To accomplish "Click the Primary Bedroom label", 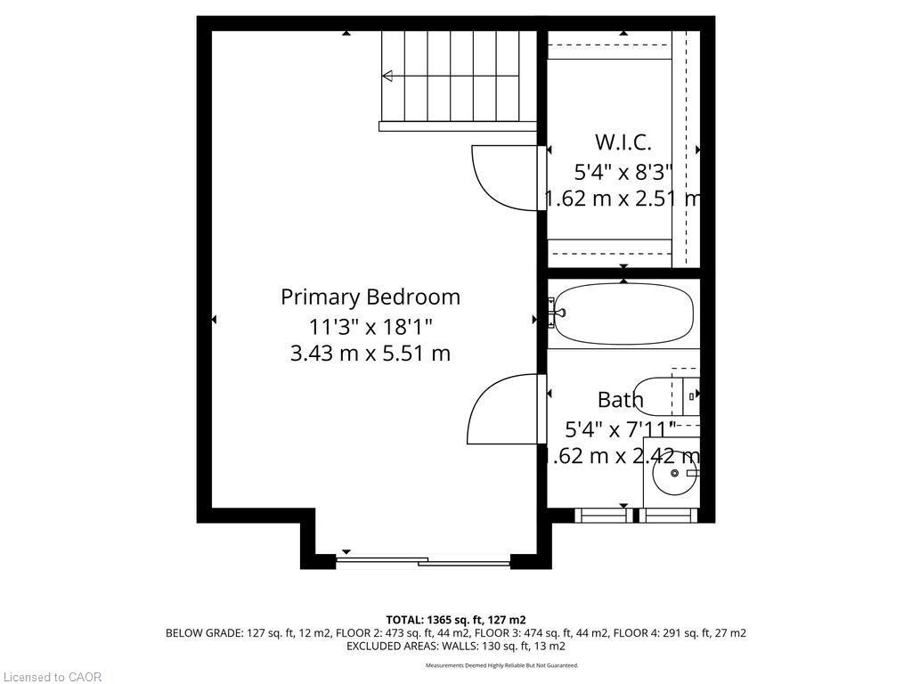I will click(370, 297).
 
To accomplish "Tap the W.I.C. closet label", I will click(623, 142).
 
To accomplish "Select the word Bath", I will click(620, 399).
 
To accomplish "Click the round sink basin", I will click(674, 475).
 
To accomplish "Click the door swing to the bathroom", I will click(501, 408).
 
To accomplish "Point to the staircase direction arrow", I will click(388, 77).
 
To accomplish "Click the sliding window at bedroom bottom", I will click(423, 560).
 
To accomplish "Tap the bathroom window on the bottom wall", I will click(634, 515).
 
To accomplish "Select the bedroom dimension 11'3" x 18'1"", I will click(370, 325).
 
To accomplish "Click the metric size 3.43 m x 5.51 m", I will click(370, 354).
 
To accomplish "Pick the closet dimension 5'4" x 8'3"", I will click(623, 171).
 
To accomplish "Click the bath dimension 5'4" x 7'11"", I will click(620, 428).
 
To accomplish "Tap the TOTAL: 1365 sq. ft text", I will click(455, 619).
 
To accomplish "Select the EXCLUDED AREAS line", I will click(455, 646).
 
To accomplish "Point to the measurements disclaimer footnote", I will click(501, 665).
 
